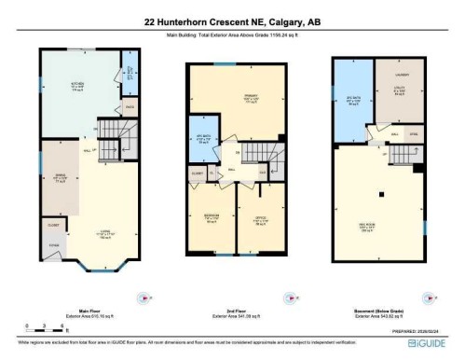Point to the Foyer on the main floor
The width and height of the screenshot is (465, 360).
[x=53, y=247]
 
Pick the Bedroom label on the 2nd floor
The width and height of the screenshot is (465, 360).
[x=212, y=220]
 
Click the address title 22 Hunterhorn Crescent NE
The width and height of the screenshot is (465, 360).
[x=232, y=21]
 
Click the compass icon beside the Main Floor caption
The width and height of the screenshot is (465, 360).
[x=143, y=298]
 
